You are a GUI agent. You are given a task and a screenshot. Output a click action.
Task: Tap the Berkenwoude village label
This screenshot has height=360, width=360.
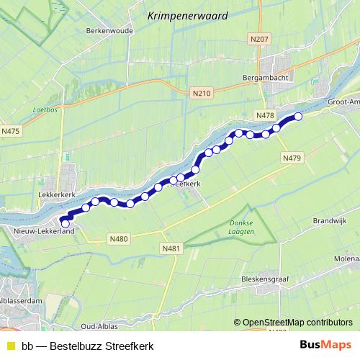pos(106,32)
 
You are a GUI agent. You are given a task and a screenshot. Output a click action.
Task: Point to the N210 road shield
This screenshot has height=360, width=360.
pos(202,93)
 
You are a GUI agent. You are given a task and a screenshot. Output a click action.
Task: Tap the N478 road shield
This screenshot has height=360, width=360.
pos(265,114)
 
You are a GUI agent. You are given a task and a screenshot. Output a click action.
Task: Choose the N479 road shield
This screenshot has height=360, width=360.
pos(291,158)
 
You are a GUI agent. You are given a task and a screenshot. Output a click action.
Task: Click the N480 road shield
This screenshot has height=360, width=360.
pos(119,238)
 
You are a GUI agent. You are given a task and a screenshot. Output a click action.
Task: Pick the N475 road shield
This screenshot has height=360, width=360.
pos(10,130)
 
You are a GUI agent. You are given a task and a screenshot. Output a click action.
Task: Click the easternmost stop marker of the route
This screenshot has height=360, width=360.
pos(298,116)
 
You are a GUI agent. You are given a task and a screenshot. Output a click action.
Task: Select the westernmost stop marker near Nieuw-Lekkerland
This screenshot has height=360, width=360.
pos(66,224)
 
